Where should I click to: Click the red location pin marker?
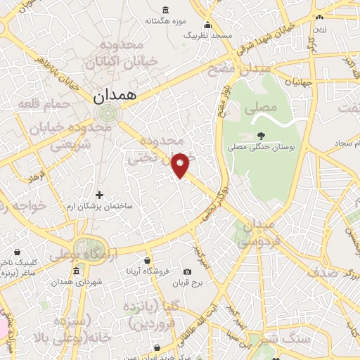point(181,164)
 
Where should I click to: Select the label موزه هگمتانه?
point(165,20)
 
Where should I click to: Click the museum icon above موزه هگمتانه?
point(165,9)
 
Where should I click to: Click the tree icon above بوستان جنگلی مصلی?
point(262,136)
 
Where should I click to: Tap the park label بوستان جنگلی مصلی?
point(262,148)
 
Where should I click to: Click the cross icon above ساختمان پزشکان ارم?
point(99,195)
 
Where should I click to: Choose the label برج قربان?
point(187,283)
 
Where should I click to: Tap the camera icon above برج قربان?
point(187,272)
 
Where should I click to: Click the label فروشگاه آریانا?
point(147,270)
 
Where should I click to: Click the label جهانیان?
point(302,82)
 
